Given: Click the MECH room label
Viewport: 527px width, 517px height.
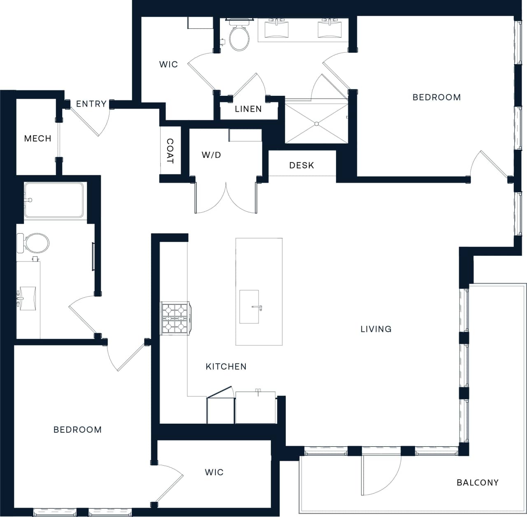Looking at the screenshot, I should click(x=37, y=139).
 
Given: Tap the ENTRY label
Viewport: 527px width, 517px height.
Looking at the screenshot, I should click(x=91, y=104).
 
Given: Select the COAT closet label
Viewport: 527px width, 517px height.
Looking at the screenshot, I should click(x=170, y=151).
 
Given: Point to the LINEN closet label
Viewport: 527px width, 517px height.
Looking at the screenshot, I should click(x=248, y=109).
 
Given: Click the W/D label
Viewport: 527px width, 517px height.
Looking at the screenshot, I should click(x=211, y=155).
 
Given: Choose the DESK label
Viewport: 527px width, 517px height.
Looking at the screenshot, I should click(x=301, y=165).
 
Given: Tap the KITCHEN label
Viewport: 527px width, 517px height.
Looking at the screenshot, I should click(x=226, y=366).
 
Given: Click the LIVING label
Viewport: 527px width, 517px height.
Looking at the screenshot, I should click(x=376, y=329).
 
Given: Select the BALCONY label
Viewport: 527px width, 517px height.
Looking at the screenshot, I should click(x=478, y=482).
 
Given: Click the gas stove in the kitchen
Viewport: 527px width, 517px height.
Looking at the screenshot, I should click(x=175, y=318).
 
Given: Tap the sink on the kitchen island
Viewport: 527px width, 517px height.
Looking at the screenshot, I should click(x=250, y=307).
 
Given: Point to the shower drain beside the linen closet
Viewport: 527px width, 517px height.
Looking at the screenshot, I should click(x=317, y=124).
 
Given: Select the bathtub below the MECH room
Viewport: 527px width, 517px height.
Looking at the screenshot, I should click(x=54, y=200).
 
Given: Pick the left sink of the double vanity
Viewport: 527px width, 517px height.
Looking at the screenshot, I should click(x=276, y=30).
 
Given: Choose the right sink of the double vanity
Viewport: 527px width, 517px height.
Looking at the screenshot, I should click(x=329, y=30).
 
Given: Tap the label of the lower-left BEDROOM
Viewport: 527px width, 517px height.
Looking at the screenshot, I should click(x=77, y=430).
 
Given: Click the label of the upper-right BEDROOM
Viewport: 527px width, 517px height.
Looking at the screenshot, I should click(x=436, y=97).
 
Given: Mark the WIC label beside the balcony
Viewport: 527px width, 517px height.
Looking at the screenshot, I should click(x=214, y=472).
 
